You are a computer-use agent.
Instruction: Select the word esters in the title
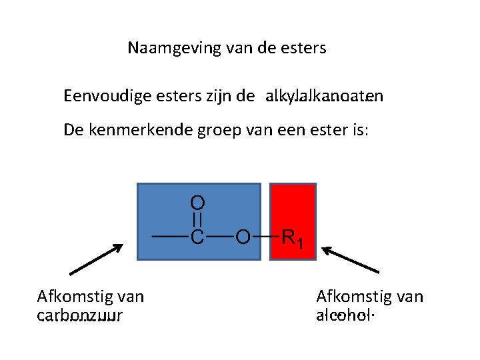click(x=305, y=49)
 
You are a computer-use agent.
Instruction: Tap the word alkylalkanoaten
click(x=324, y=97)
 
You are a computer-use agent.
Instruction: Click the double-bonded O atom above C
click(x=197, y=202)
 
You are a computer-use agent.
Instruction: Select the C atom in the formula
click(x=197, y=237)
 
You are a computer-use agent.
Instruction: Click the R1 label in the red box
click(x=293, y=237)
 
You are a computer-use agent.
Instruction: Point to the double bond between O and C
click(x=197, y=219)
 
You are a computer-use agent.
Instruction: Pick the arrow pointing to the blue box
click(x=97, y=259)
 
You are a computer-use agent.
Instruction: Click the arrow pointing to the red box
click(x=349, y=259)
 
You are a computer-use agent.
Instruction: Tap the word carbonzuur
click(x=80, y=315)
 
